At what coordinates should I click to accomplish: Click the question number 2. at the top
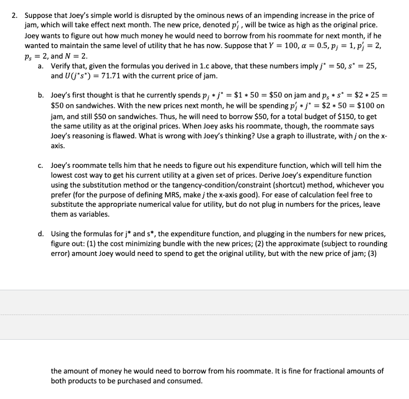(x=14, y=16)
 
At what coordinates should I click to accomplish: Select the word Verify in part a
(x=60, y=66)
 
